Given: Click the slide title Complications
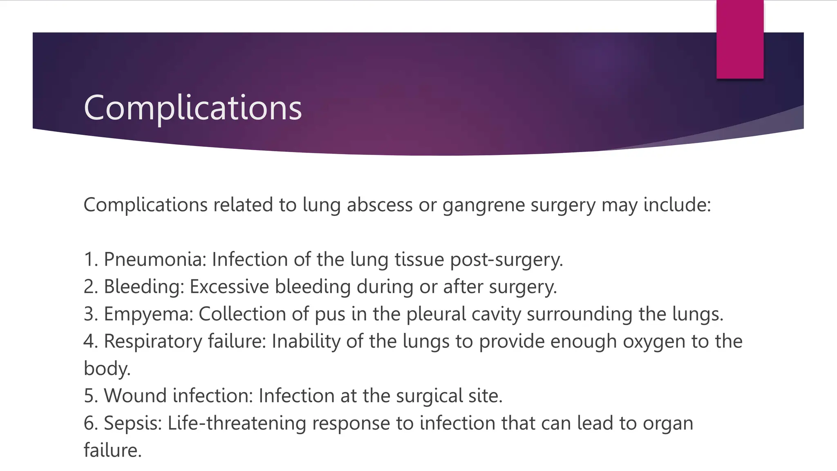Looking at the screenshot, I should pos(192,107).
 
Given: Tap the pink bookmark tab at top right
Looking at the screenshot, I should pos(740,39).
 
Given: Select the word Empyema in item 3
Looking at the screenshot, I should pos(148,314).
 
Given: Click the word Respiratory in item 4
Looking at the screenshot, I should pos(153,341).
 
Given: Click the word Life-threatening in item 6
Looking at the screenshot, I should pos(237,423).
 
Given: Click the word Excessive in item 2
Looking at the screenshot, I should pos(229,287).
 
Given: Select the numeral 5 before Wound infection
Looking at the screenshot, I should pos(89,396).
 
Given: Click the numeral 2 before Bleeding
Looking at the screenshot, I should pos(89,287).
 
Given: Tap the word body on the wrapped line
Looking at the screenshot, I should pos(106,368).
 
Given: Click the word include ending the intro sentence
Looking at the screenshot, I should pos(677,205).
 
